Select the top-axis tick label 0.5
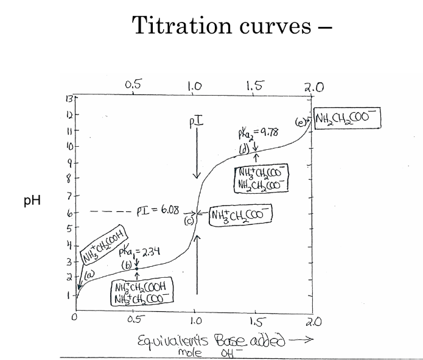133,85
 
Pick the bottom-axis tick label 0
74,317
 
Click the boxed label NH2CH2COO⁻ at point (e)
346,119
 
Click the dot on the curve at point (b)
136,268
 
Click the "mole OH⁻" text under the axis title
208,351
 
